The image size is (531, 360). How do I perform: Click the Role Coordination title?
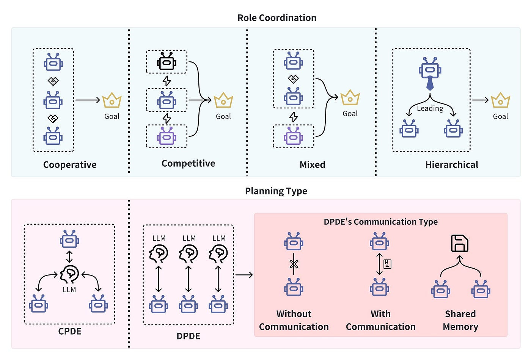point(276,18)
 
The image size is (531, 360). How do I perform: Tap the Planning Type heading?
point(276,191)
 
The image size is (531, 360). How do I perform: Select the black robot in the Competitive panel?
point(167,61)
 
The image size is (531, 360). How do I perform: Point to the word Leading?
point(430,108)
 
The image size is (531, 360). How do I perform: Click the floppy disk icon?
point(459,243)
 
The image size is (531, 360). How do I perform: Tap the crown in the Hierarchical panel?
point(500,100)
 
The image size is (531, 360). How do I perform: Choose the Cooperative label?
point(70,164)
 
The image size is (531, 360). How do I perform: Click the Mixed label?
point(313,164)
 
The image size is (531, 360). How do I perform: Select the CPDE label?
point(70,331)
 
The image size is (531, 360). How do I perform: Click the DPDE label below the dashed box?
point(188,336)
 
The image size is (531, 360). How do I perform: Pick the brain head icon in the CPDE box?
point(69,274)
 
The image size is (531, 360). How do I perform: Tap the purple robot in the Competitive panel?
point(167,136)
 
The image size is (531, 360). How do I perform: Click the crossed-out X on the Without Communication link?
point(294,264)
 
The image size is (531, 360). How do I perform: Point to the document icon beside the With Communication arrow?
point(387,264)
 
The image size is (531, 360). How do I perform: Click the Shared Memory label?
point(460,320)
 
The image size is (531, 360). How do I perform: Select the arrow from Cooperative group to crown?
point(88,100)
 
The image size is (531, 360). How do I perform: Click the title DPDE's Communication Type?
point(380,222)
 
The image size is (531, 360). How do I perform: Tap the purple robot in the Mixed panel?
point(293,136)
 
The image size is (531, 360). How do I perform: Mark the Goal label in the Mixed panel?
point(350,114)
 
